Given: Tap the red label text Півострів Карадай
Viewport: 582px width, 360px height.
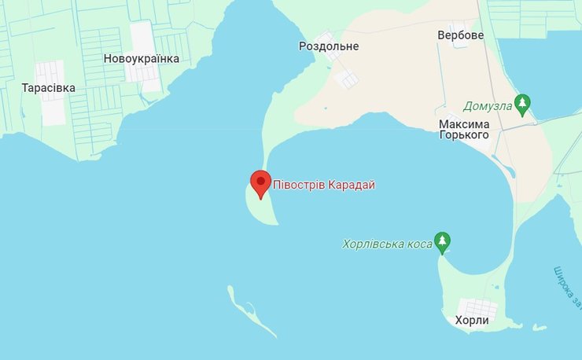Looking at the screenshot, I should tap(324, 186).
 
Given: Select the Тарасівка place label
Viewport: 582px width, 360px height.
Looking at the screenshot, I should tap(49, 88).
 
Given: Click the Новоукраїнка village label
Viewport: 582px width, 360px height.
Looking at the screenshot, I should tap(142, 59).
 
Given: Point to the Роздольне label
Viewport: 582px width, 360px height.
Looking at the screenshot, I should tap(329, 46).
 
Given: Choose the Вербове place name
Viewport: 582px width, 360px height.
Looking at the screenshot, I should tap(461, 35).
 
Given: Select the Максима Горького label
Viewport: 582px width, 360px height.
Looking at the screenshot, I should tap(464, 130).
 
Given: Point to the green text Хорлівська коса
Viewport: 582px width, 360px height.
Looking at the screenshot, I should tap(388, 245).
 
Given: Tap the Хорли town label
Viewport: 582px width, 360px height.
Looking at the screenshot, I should tap(472, 321).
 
